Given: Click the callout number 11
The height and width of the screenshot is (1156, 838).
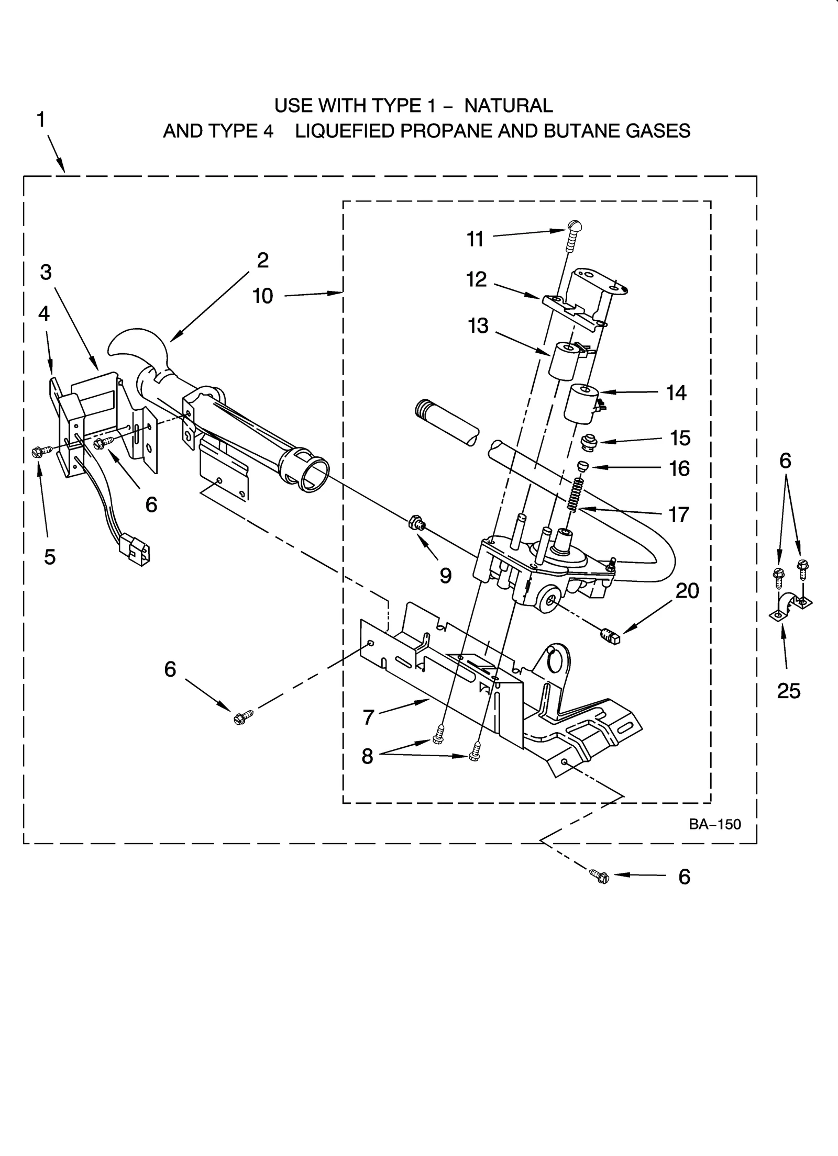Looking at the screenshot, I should coord(475,239).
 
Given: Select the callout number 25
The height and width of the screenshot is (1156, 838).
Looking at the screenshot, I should coord(789,691).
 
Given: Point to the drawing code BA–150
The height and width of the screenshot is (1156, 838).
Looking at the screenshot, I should coord(715,825).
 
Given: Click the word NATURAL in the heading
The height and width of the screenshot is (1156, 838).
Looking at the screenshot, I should coord(508,106).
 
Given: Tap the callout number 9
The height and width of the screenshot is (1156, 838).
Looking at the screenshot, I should coord(445,576).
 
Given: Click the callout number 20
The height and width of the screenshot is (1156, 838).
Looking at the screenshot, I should coord(687,591).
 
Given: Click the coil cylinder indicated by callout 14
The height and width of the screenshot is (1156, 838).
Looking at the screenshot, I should coord(581,403).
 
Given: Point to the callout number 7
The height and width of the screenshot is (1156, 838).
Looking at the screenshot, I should coord(368,717).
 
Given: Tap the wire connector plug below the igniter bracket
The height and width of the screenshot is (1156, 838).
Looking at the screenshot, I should coord(135,547).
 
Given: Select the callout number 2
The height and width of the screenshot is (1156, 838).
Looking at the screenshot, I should coord(262,260).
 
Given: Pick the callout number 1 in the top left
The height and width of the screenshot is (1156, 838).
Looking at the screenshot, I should coord(41,120).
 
